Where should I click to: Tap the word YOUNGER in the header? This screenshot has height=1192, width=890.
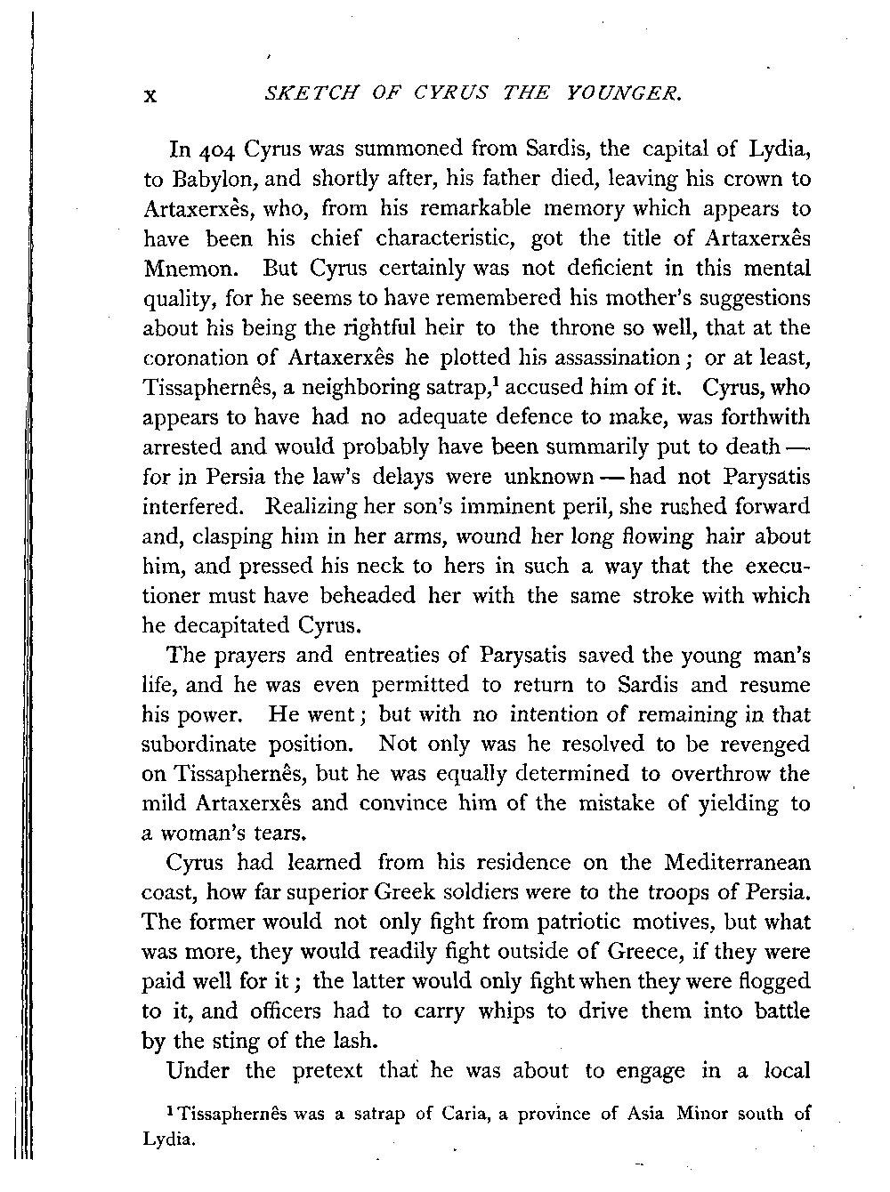(x=626, y=93)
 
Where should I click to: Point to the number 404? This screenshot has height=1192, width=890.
(x=215, y=148)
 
